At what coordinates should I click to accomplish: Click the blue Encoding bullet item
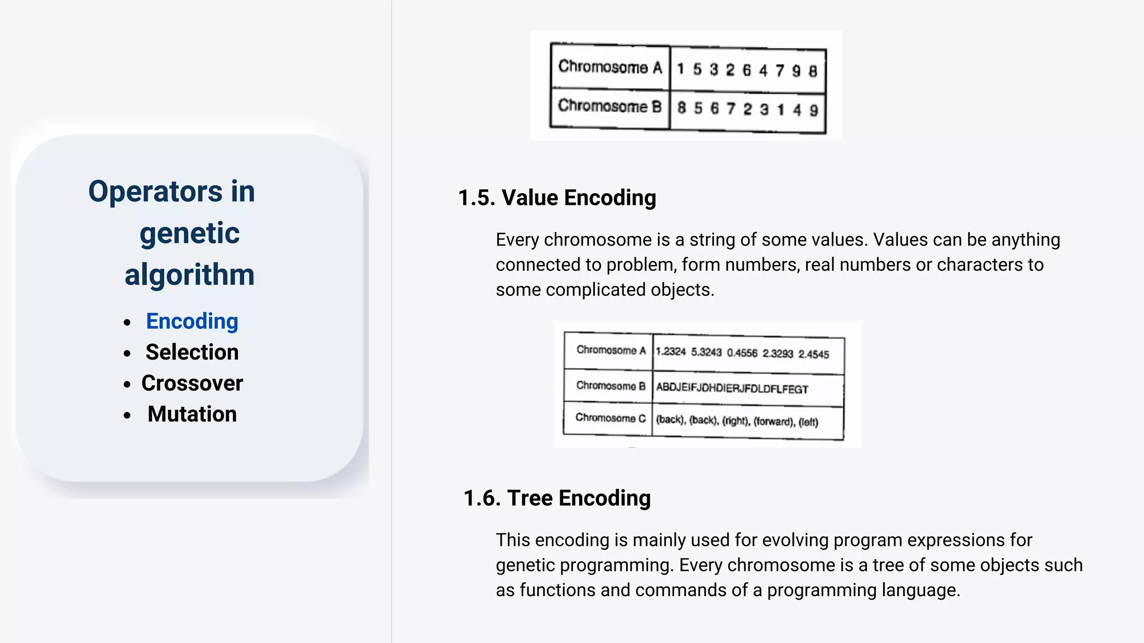click(192, 321)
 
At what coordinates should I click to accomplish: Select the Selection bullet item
click(192, 352)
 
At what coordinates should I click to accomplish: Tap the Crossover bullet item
click(192, 383)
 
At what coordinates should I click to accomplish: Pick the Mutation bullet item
click(192, 414)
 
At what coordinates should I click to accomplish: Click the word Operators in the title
click(155, 191)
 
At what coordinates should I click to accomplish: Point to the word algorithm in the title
click(189, 275)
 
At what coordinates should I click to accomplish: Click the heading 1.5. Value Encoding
click(557, 198)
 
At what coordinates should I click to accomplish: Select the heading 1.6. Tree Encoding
click(557, 498)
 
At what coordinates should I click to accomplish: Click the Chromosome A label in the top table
click(610, 67)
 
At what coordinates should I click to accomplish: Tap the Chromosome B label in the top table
click(610, 106)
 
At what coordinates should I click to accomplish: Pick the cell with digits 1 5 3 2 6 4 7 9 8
click(747, 70)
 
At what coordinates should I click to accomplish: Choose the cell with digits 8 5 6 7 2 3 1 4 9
click(747, 109)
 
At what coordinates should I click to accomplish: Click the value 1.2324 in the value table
click(670, 352)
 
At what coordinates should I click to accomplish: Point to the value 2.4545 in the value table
click(813, 354)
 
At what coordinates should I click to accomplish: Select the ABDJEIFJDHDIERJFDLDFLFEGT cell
click(732, 388)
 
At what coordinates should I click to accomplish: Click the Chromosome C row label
click(610, 418)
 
